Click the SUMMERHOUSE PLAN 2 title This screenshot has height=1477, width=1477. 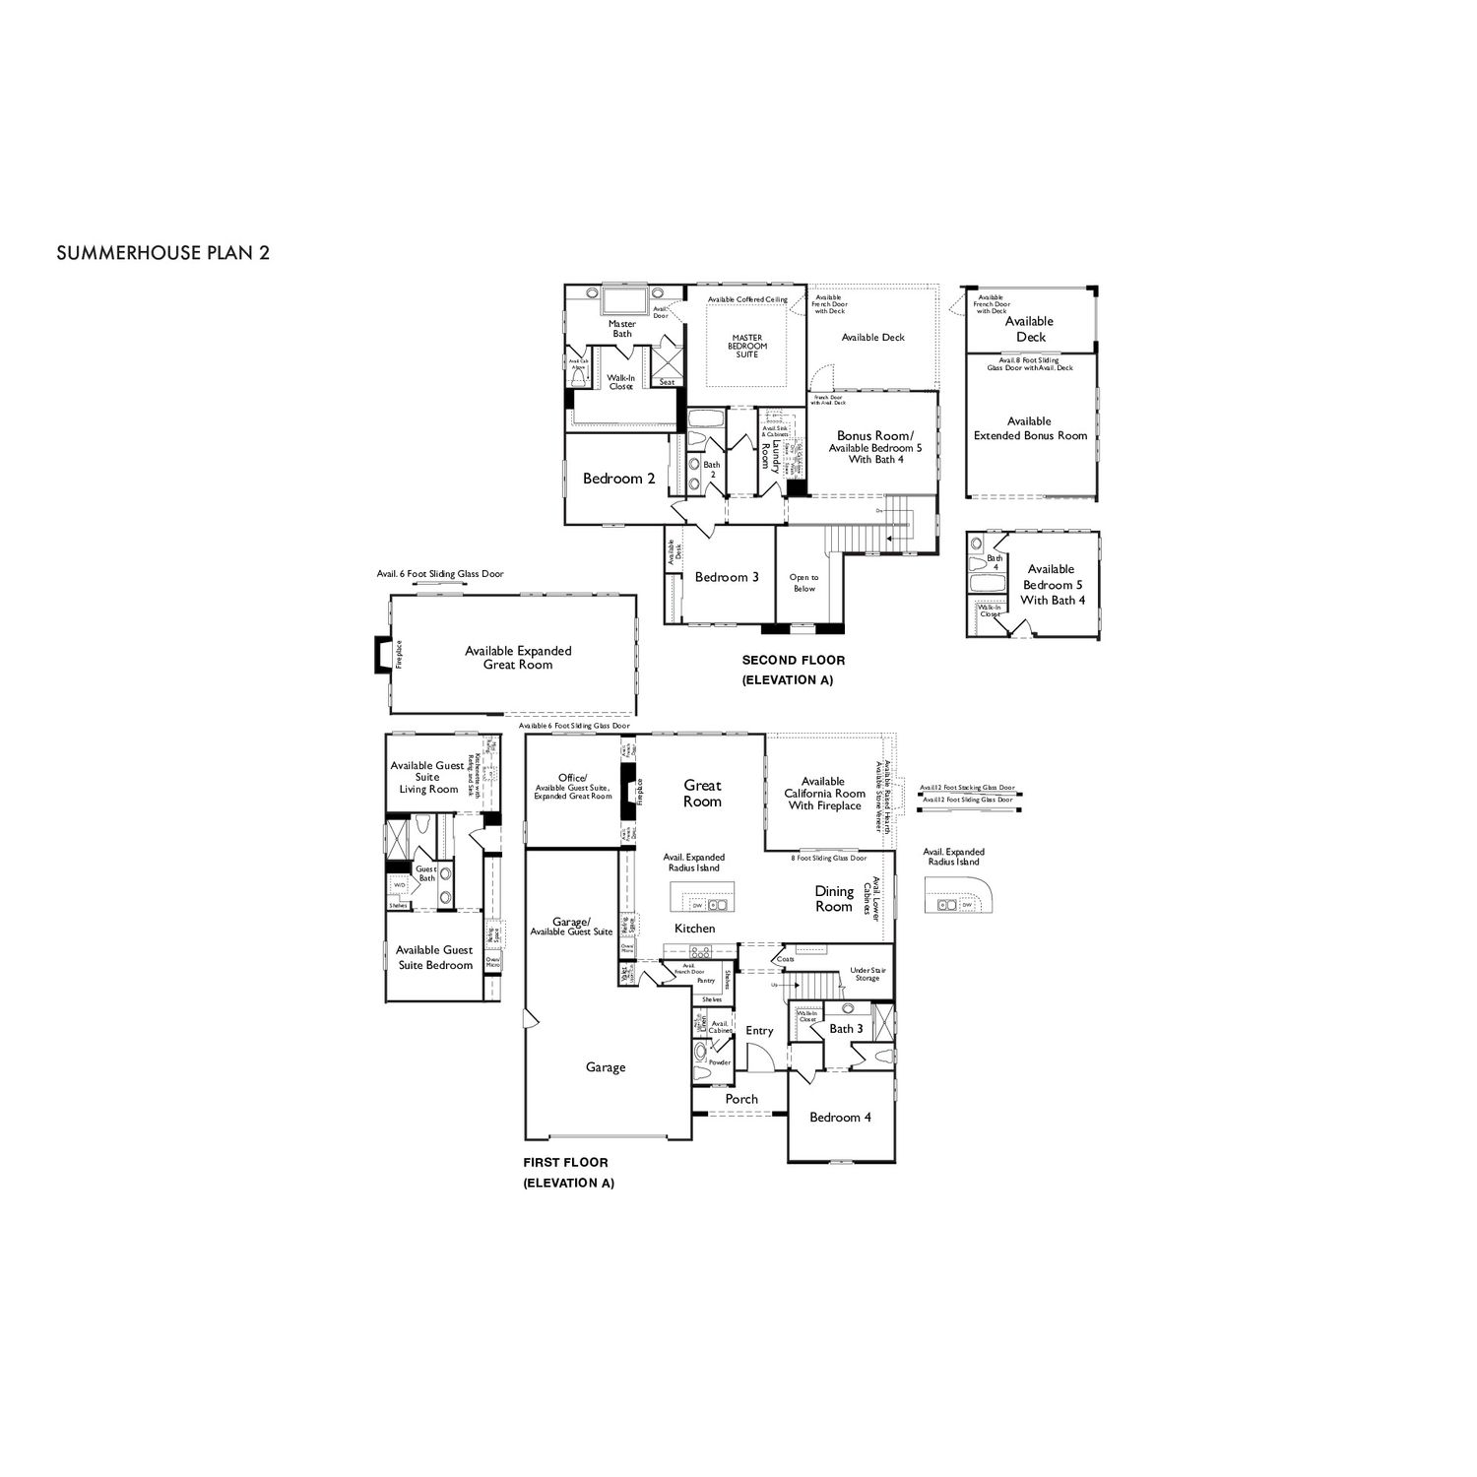[x=163, y=252]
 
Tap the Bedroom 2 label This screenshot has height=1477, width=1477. [x=618, y=479]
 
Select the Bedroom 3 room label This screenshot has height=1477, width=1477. [x=727, y=577]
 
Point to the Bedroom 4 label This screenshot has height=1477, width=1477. [x=840, y=1117]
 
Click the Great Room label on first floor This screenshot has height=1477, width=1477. [x=702, y=794]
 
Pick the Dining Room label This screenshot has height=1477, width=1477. [x=833, y=899]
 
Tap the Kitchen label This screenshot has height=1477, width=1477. [x=694, y=929]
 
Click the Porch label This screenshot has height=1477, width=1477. [x=741, y=1099]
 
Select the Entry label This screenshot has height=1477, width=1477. [x=759, y=1031]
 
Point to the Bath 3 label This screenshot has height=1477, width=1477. [x=846, y=1029]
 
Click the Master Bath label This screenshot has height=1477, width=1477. [x=622, y=329]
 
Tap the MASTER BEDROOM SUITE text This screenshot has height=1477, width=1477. [x=747, y=346]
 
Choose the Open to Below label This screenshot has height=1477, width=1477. [x=803, y=583]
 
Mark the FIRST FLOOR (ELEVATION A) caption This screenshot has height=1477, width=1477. [x=568, y=1173]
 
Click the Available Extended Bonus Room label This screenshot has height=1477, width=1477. [x=1030, y=428]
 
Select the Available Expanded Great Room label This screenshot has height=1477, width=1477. [x=518, y=658]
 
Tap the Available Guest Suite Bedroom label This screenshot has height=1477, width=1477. [x=434, y=957]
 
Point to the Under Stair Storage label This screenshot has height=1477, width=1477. [x=867, y=974]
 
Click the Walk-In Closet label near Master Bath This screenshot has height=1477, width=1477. [x=620, y=382]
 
